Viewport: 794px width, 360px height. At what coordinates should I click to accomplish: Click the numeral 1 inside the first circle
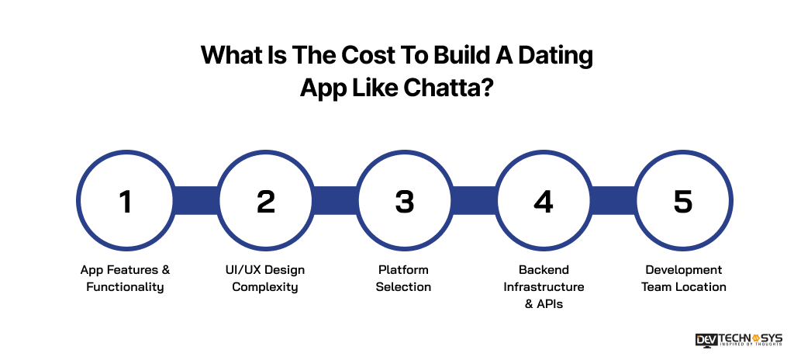coord(125,202)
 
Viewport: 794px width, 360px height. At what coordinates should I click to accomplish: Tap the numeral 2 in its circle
coord(265,202)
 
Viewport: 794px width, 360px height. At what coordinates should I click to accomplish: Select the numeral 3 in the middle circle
coord(404,202)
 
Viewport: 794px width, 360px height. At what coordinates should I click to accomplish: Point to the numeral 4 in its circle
coord(544,202)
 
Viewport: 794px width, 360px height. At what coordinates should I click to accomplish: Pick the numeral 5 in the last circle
coord(682,202)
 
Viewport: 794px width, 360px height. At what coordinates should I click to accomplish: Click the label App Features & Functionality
coord(125,279)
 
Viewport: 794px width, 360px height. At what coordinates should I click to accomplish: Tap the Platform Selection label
coord(403,279)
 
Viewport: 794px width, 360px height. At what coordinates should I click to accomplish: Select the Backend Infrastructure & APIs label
coord(544,287)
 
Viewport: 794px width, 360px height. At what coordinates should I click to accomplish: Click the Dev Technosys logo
coord(739,340)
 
